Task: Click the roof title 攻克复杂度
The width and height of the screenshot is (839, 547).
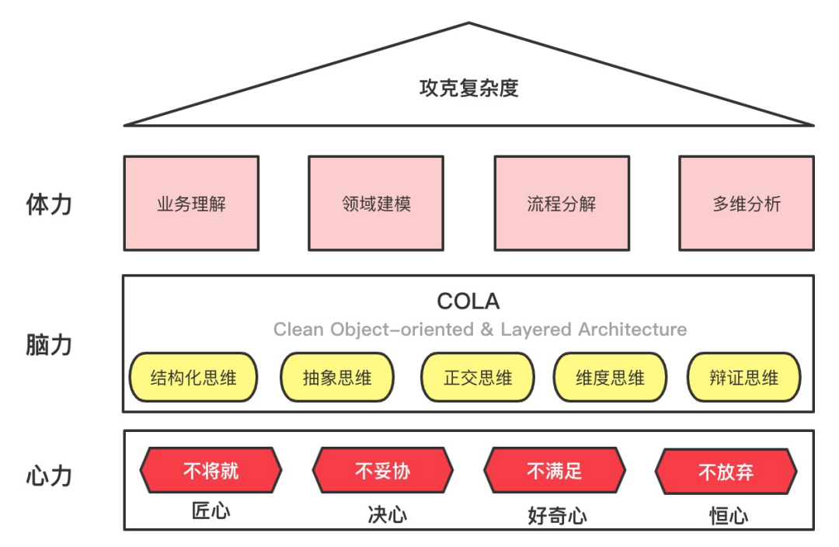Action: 468,88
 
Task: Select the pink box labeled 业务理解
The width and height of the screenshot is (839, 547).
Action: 191,204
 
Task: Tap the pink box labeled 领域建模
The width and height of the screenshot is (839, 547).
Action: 376,204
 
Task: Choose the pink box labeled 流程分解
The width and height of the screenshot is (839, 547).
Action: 562,204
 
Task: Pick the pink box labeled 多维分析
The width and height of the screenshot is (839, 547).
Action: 747,204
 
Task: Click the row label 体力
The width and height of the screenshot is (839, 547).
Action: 49,205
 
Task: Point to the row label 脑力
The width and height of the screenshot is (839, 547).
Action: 49,344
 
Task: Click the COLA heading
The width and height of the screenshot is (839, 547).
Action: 468,301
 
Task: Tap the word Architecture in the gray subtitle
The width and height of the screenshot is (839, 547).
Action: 632,329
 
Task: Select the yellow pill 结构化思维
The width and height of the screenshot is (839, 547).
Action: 193,378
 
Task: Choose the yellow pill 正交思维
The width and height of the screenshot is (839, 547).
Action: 478,378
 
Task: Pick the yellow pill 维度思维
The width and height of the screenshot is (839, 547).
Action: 611,378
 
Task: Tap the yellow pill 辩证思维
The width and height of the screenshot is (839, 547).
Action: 744,378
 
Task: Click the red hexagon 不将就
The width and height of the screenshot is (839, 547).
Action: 211,470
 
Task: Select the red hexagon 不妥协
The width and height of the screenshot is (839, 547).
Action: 383,471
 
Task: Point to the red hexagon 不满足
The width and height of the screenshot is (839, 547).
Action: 555,470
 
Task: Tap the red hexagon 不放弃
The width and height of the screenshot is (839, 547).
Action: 726,472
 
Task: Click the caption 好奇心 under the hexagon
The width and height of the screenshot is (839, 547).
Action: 556,516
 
